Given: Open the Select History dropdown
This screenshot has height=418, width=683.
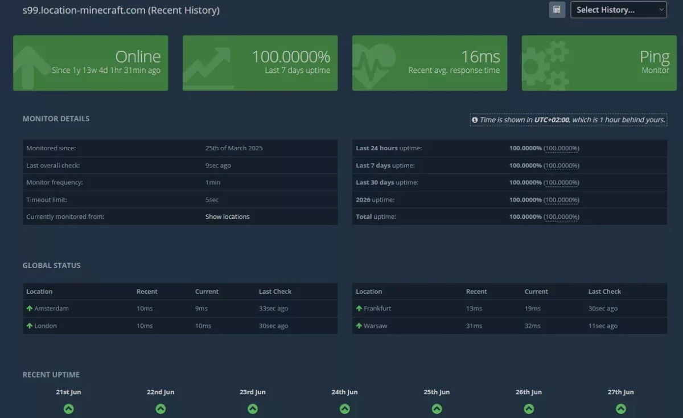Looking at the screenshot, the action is [618, 10].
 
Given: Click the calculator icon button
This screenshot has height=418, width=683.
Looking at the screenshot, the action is [557, 10].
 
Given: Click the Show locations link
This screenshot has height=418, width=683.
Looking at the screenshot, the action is [227, 216].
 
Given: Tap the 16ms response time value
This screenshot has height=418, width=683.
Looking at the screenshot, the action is [480, 57].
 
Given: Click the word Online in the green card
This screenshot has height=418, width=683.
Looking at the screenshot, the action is [138, 57].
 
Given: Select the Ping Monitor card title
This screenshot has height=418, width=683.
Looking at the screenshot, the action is [655, 57].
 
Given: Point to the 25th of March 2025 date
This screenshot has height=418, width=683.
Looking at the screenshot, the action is [234, 148].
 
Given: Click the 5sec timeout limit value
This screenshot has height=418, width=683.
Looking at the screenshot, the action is [212, 200].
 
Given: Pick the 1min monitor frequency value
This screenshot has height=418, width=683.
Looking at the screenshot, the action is [212, 182].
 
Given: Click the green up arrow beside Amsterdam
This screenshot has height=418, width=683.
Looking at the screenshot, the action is [30, 308].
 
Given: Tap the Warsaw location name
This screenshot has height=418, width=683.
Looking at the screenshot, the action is [375, 326].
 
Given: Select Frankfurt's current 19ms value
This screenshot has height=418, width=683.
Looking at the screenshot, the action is [532, 309].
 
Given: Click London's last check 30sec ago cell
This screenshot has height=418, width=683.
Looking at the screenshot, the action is [273, 326].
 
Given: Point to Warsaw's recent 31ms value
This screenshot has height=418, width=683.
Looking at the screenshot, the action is [474, 326].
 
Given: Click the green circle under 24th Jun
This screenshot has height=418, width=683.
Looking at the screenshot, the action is [344, 408].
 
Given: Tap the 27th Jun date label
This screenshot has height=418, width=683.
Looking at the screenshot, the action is [620, 392].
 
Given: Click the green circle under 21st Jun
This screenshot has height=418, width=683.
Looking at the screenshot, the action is [69, 408].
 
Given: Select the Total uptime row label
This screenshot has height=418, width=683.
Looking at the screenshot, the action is [376, 216].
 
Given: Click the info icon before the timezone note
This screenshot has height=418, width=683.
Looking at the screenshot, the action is [475, 120].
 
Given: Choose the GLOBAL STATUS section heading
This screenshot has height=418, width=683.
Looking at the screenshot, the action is [52, 265].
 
